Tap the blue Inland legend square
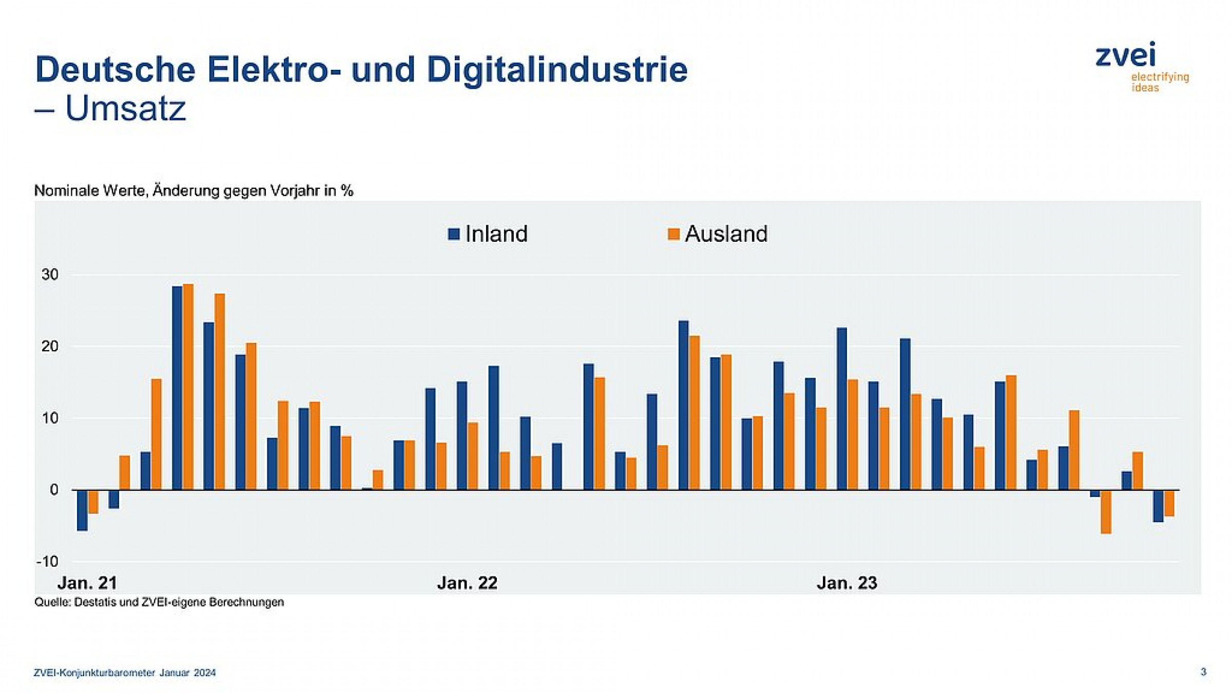click(x=453, y=234)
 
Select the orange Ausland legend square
click(x=673, y=234)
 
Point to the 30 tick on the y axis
click(x=50, y=275)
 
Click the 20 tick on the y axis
click(x=50, y=346)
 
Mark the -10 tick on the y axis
click(x=48, y=562)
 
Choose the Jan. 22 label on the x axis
click(x=467, y=583)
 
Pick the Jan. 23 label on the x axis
click(x=846, y=583)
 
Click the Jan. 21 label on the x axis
click(x=87, y=583)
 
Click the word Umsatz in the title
click(x=125, y=108)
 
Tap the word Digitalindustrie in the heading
click(x=557, y=69)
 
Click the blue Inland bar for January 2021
click(x=82, y=510)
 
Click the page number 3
click(x=1203, y=672)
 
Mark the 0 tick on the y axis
click(x=54, y=490)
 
